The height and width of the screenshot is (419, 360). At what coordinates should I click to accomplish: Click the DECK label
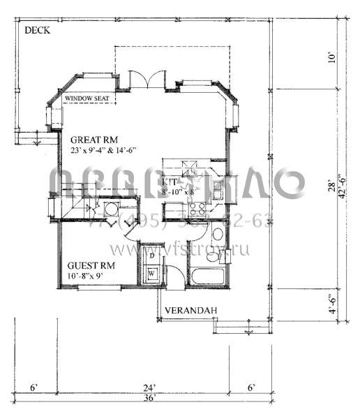36,31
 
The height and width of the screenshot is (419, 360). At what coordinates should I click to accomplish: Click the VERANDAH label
187,309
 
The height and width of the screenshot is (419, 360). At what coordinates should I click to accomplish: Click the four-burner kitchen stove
196,207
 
